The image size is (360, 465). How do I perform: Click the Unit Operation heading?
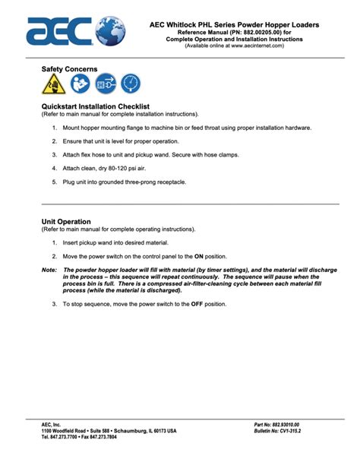(x=68, y=222)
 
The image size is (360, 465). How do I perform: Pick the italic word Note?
(x=49, y=270)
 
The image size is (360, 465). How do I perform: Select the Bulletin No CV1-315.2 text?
(x=282, y=431)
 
